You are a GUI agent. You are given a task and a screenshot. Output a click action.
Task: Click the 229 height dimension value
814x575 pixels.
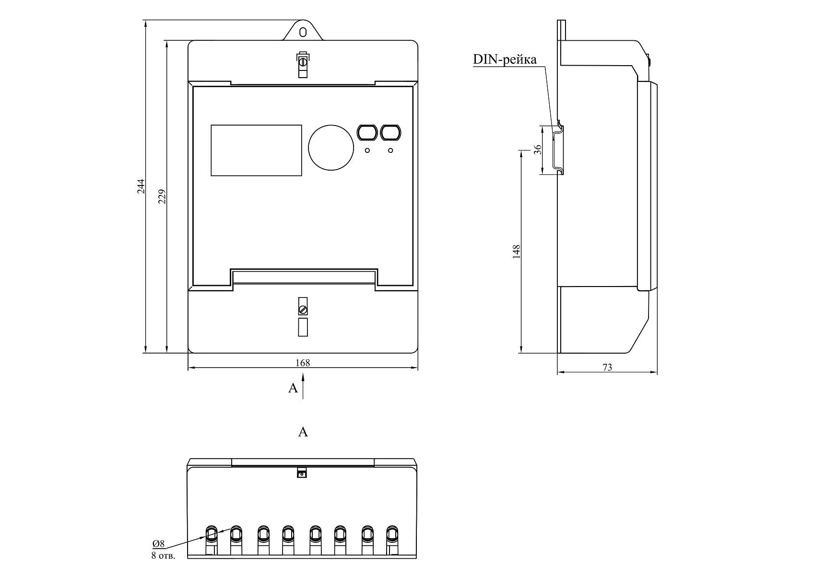(x=162, y=197)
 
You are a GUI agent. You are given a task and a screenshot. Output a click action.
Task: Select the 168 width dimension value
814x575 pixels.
(x=303, y=363)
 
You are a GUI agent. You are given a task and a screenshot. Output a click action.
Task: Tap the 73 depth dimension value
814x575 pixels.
(x=607, y=368)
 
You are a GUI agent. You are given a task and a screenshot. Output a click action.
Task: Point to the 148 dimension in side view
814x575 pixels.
(x=517, y=251)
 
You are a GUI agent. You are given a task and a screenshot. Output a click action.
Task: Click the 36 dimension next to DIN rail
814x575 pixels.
(x=538, y=149)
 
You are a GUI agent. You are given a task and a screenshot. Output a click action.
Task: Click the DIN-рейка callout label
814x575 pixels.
(x=505, y=59)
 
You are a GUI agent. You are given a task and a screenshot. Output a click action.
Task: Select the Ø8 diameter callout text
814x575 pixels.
(x=159, y=543)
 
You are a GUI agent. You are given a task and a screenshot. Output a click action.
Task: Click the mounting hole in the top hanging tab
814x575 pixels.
(x=303, y=32)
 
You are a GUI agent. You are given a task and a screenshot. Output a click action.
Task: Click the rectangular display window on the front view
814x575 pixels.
(x=256, y=150)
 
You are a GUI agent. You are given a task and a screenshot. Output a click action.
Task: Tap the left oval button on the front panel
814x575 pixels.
(x=367, y=133)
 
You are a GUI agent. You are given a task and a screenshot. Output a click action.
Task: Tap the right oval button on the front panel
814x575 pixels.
(x=390, y=133)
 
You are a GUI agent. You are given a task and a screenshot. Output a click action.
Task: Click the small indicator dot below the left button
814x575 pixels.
(x=367, y=150)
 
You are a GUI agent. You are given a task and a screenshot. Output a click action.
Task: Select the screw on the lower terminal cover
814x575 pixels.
(x=303, y=310)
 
